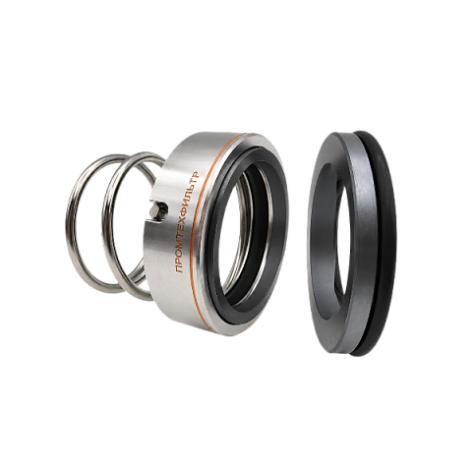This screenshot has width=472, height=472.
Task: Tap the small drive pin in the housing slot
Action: (x=159, y=210)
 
